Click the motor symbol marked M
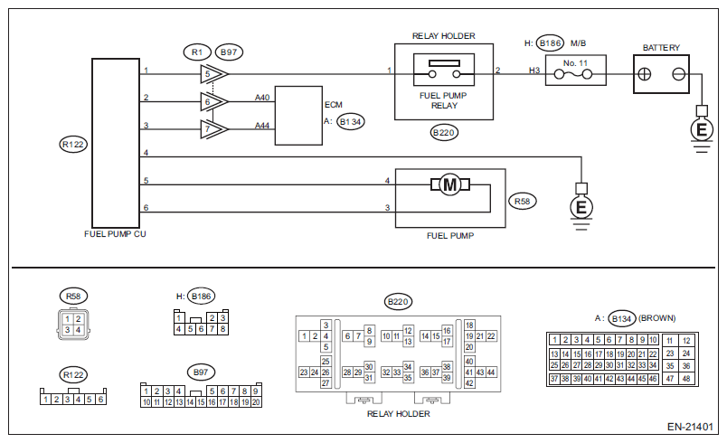click(450, 185)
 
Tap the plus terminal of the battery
click(645, 72)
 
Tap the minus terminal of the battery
click(679, 72)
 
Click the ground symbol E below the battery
click(700, 129)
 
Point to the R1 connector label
click(195, 52)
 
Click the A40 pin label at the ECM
click(262, 97)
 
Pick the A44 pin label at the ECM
click(262, 124)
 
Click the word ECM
click(333, 104)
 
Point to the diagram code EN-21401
click(692, 426)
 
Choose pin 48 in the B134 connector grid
click(686, 379)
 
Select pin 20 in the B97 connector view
click(256, 401)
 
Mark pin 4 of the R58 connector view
click(78, 330)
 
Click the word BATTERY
click(661, 47)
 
